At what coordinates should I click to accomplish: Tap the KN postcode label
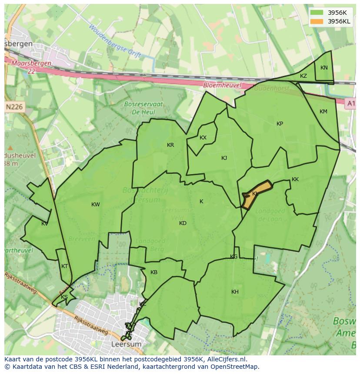pos(324,68)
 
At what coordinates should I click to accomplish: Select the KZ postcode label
pos(303,76)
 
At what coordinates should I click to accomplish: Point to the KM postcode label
pos(323,112)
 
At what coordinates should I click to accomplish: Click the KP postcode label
pos(280,124)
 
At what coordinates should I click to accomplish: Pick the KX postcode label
pos(203,138)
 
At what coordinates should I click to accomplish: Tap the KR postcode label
pos(170,145)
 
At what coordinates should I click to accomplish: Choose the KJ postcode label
pos(224,158)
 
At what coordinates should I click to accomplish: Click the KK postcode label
pos(295,179)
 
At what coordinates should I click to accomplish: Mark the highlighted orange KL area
pos(255,195)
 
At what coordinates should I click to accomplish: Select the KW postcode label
pos(96,205)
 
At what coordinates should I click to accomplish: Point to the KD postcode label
pos(183,223)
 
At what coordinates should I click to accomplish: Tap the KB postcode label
pos(154,272)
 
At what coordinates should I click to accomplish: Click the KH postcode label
pos(235,292)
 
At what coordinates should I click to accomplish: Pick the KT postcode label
pos(64,266)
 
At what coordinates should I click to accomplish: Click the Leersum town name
pos(127,344)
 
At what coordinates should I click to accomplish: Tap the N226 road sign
pos(15,106)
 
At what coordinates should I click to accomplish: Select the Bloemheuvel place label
pos(222,86)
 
